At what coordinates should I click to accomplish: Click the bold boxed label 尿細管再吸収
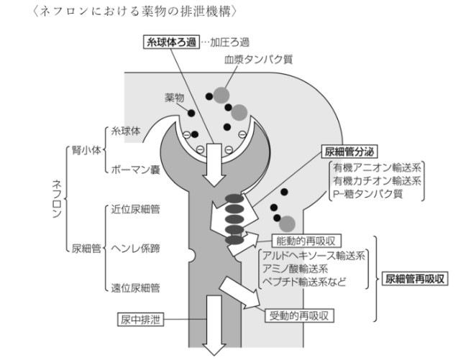pos(418,277)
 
